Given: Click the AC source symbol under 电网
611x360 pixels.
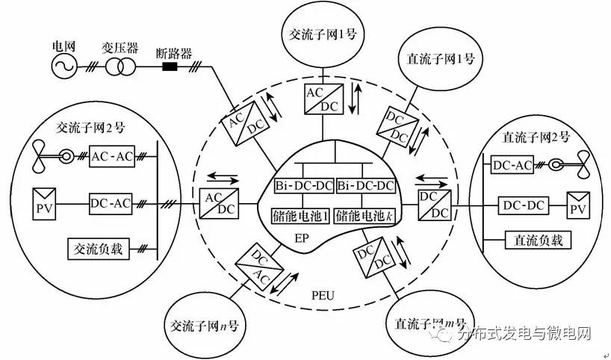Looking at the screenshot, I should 63,67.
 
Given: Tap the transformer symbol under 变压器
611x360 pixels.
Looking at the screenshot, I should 117,67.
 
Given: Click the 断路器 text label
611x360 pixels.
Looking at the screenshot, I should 174,54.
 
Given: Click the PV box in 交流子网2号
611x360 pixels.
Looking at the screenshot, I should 43,202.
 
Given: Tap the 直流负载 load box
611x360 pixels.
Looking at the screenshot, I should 527,240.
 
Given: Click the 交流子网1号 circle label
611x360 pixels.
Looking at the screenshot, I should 323,35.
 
